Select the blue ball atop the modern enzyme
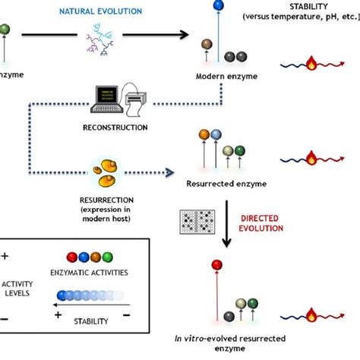[x=217, y=7]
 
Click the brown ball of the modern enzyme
[x=207, y=45]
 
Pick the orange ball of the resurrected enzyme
[x=204, y=134]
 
